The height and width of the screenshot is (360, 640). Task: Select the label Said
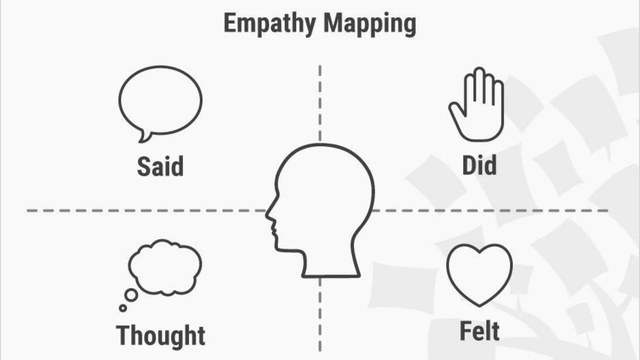coord(160,167)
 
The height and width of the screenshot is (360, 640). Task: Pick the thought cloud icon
coord(165,267)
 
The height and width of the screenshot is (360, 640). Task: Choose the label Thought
coord(161,335)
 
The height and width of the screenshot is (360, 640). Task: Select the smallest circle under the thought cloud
coord(123,308)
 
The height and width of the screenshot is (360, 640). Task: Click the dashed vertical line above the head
coord(320,103)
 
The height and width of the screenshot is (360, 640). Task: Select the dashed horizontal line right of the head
coord(491,211)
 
